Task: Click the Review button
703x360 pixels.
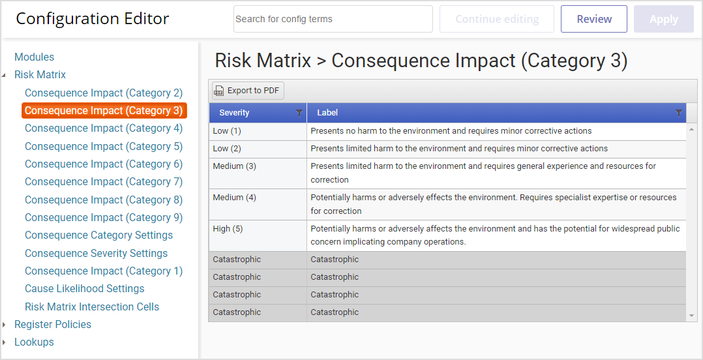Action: pyautogui.click(x=593, y=19)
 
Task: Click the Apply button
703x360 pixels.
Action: pyautogui.click(x=664, y=19)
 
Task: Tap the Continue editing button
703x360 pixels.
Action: pyautogui.click(x=497, y=19)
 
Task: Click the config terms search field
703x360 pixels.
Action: pyautogui.click(x=333, y=19)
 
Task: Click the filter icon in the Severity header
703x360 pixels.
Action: pyautogui.click(x=299, y=113)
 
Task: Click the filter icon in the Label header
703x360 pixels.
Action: pyautogui.click(x=679, y=113)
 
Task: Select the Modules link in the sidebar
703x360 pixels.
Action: pyautogui.click(x=34, y=57)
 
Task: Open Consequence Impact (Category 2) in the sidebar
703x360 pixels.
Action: pyautogui.click(x=104, y=93)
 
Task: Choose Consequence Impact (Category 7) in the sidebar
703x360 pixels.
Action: pyautogui.click(x=104, y=181)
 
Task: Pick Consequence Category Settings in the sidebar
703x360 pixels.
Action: pyautogui.click(x=98, y=235)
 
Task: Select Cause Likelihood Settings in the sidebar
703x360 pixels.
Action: pyautogui.click(x=84, y=288)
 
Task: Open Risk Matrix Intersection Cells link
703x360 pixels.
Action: pyautogui.click(x=92, y=307)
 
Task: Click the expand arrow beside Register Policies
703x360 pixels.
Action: pyautogui.click(x=5, y=325)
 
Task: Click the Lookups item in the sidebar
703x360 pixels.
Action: pyautogui.click(x=34, y=342)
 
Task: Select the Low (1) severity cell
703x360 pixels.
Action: pyautogui.click(x=258, y=131)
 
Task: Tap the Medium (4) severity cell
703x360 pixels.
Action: pyautogui.click(x=258, y=204)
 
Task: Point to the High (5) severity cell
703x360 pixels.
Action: pyautogui.click(x=258, y=236)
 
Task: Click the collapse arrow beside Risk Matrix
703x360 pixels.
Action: pyautogui.click(x=5, y=75)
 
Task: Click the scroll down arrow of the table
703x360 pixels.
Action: pyautogui.click(x=692, y=316)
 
